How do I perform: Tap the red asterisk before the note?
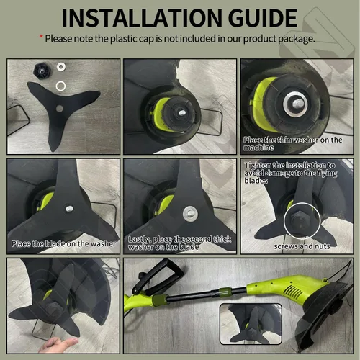click(x=41, y=37)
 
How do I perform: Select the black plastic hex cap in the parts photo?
click(x=41, y=70)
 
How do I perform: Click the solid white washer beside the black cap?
click(x=61, y=66)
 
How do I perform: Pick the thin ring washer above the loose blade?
click(x=60, y=86)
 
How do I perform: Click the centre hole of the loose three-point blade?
click(x=59, y=109)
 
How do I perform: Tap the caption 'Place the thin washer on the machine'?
click(x=292, y=143)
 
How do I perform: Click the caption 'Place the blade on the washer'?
click(x=63, y=244)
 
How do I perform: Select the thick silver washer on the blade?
click(x=190, y=213)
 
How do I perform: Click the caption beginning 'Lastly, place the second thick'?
click(x=179, y=243)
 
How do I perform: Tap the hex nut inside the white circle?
click(x=297, y=221)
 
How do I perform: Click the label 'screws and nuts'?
click(x=302, y=246)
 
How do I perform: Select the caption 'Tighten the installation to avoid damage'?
click(x=291, y=173)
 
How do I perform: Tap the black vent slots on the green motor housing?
click(x=293, y=292)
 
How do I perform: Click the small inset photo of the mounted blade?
click(x=251, y=324)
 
